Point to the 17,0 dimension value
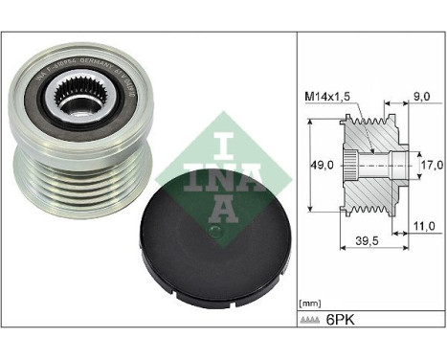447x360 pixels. tap(430, 165)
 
